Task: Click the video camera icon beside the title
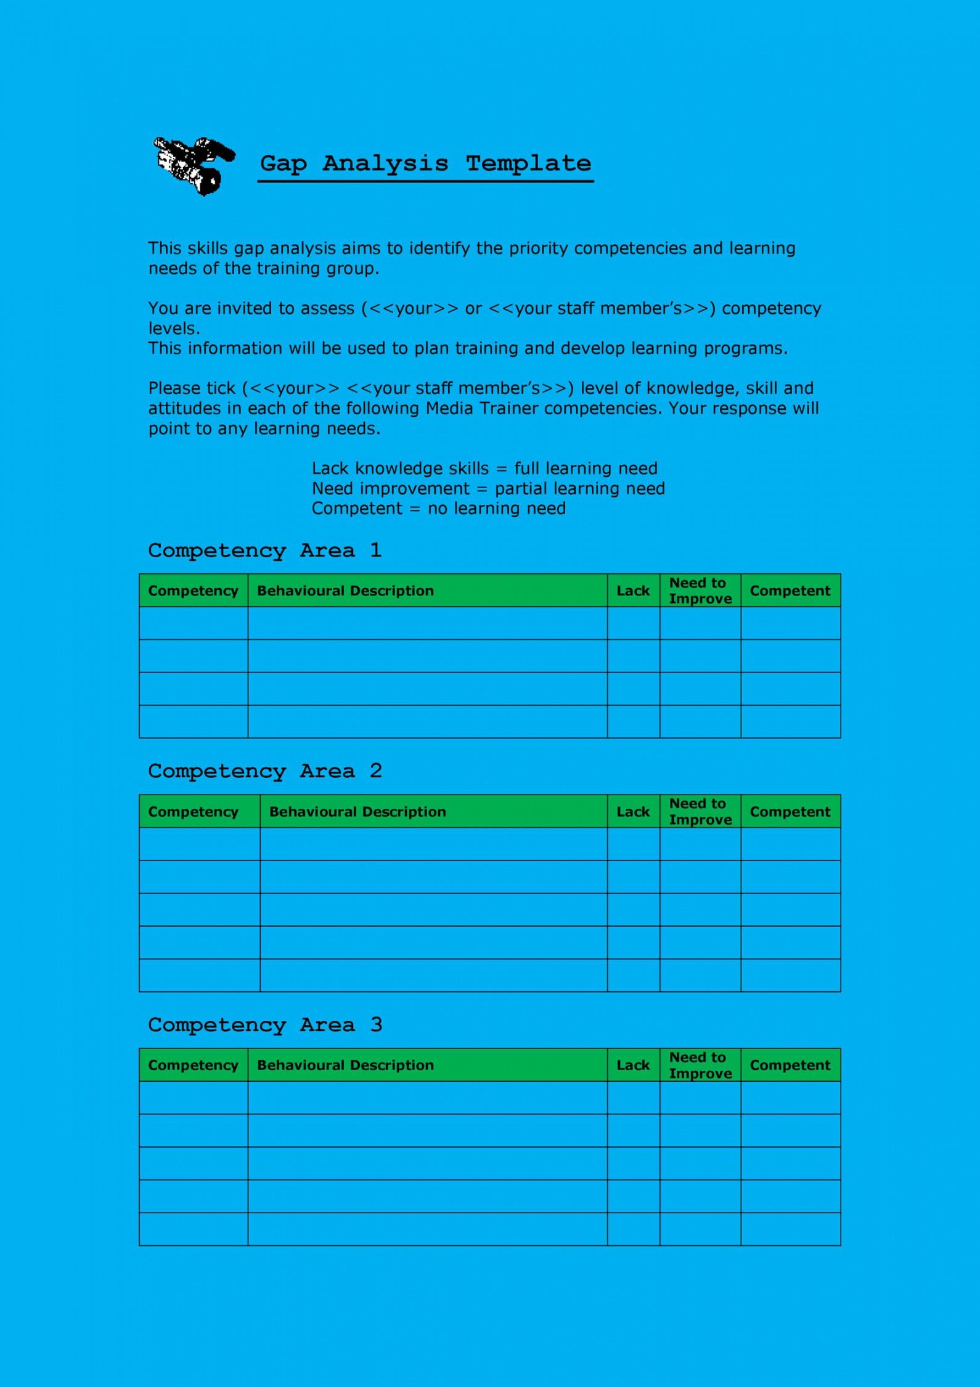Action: pyautogui.click(x=193, y=165)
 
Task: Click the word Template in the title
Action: pyautogui.click(x=528, y=164)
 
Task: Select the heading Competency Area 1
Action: pyautogui.click(x=265, y=550)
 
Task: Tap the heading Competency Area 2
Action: pyautogui.click(x=265, y=771)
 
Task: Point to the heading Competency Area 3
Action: pyautogui.click(x=265, y=1025)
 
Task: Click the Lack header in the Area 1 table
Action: pyautogui.click(x=633, y=591)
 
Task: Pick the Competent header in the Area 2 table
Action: pyautogui.click(x=790, y=811)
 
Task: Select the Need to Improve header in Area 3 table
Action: pyautogui.click(x=700, y=1065)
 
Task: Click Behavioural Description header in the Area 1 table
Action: pyautogui.click(x=345, y=591)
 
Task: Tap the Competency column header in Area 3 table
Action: pyautogui.click(x=193, y=1065)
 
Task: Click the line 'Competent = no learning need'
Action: pyautogui.click(x=438, y=509)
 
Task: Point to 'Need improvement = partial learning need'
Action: pyautogui.click(x=488, y=489)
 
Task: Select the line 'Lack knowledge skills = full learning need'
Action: pyautogui.click(x=484, y=468)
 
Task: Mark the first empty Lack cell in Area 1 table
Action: pyautogui.click(x=633, y=623)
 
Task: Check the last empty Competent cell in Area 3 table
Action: pyautogui.click(x=790, y=1229)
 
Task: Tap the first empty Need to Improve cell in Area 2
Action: pyautogui.click(x=700, y=844)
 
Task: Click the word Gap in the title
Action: pyautogui.click(x=284, y=164)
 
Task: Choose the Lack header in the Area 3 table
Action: pyautogui.click(x=633, y=1065)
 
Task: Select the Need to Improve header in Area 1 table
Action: pyautogui.click(x=700, y=591)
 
